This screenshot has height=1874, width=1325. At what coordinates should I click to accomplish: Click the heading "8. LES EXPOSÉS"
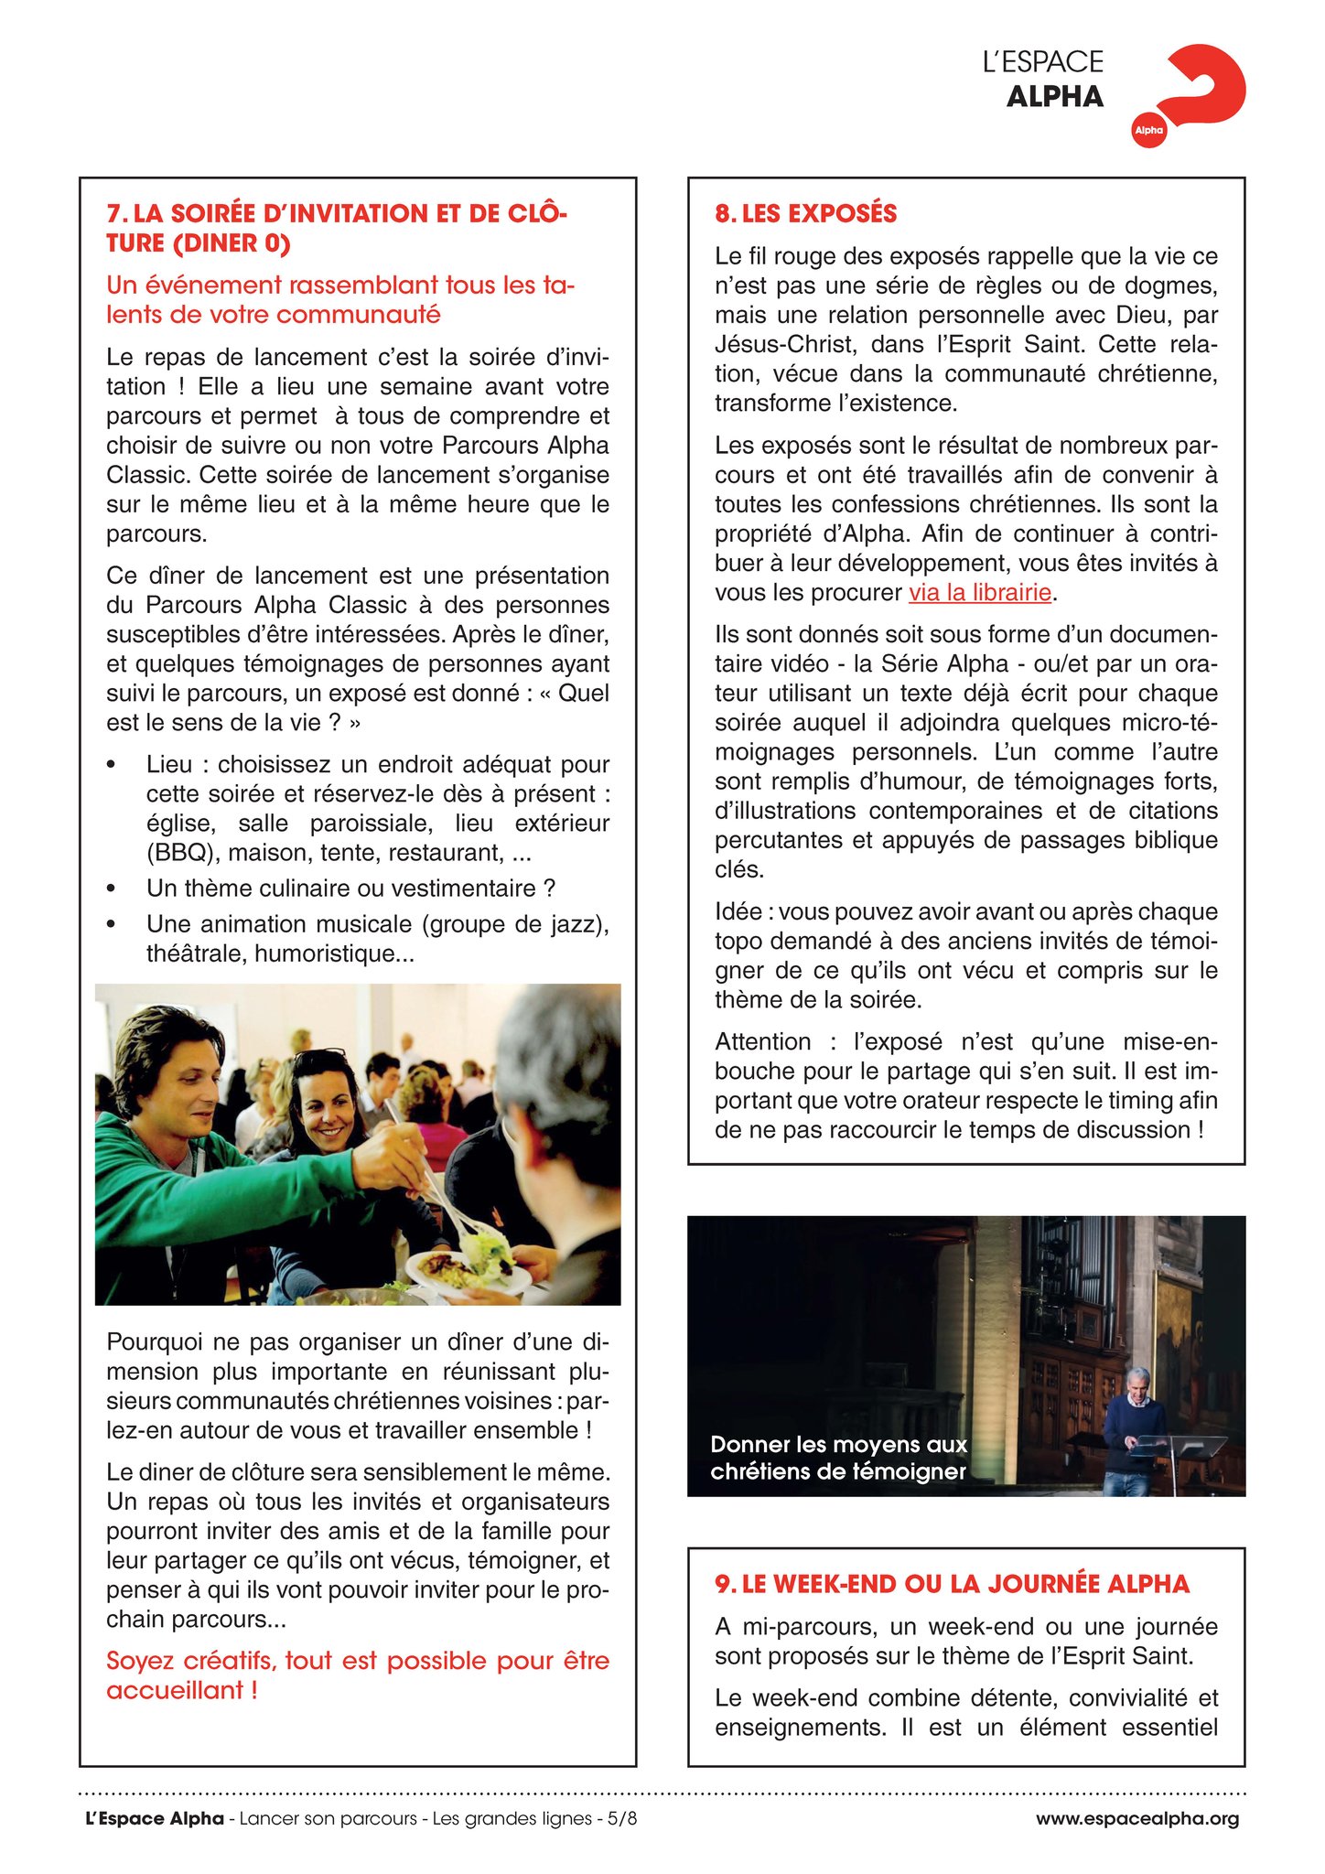point(805,213)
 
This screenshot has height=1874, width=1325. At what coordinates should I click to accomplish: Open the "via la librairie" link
point(979,593)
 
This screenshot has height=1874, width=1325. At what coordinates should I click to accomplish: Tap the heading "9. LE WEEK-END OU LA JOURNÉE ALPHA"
point(952,1584)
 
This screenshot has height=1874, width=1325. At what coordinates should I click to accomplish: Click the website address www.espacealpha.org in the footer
point(1136,1818)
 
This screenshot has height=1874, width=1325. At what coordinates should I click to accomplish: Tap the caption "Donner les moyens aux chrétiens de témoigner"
point(838,1458)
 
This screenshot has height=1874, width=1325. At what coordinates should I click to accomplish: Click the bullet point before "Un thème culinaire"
point(112,889)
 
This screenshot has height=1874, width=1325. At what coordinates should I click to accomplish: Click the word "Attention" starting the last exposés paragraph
point(762,1041)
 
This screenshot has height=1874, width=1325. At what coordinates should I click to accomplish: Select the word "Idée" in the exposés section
point(738,911)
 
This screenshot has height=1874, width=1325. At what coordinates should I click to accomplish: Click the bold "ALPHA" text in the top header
point(1054,97)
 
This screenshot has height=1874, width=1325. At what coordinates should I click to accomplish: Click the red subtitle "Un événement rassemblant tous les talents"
point(340,285)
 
